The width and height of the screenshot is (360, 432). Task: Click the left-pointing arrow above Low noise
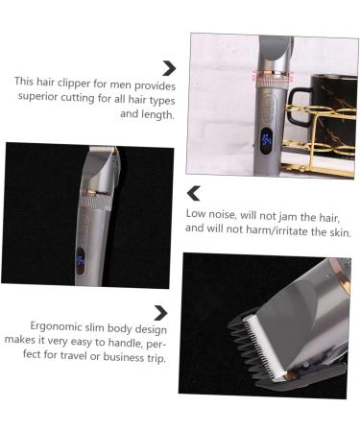pos(194,193)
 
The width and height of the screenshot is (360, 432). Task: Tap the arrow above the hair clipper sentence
pos(169,67)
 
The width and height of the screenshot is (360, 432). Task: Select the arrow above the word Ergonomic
pos(161,313)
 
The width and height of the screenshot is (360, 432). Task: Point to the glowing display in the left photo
pos(82,262)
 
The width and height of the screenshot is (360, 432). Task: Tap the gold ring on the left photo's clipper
pos(95,190)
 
